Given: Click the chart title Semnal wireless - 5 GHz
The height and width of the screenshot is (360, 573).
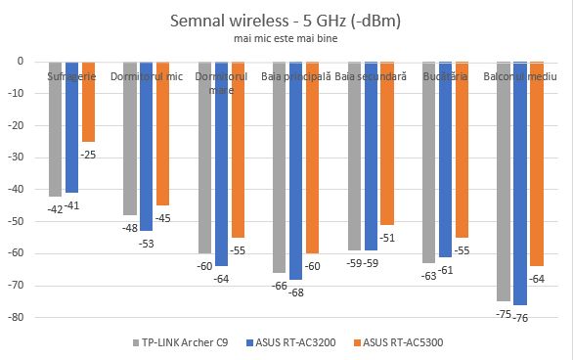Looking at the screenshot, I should coord(286,20).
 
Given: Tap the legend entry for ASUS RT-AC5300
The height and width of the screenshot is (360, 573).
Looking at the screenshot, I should coord(405,342).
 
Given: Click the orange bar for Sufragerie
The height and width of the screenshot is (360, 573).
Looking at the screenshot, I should coord(88,102).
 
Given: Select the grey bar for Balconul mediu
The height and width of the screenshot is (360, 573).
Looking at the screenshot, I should coord(504,181).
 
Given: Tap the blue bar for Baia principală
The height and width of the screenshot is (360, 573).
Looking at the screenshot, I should coord(295,170).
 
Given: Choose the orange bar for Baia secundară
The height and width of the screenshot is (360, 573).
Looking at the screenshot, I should coord(388,143).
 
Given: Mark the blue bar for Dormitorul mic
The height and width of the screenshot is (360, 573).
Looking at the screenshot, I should coord(146,146).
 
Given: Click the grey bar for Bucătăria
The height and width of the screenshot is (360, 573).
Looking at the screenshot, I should coord(428,162).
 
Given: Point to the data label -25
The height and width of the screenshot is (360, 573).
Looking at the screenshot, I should coord(89,154).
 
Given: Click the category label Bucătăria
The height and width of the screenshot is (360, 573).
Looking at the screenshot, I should coord(445,75).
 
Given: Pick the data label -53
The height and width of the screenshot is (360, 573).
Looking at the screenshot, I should coord(146,243).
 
